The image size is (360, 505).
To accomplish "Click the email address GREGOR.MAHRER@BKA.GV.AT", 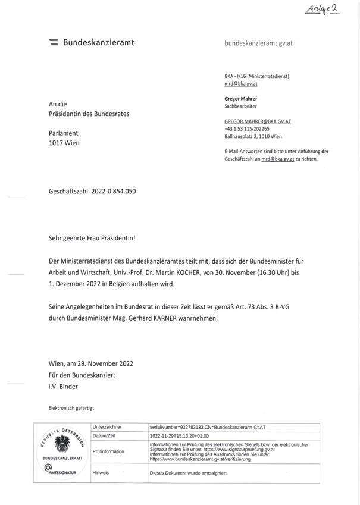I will pos(258,121).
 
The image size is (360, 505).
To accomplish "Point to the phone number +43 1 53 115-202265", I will pos(247,128).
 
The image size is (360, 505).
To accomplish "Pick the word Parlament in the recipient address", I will pos(64,133).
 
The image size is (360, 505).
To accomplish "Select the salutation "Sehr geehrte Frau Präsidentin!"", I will pos(92,237).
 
